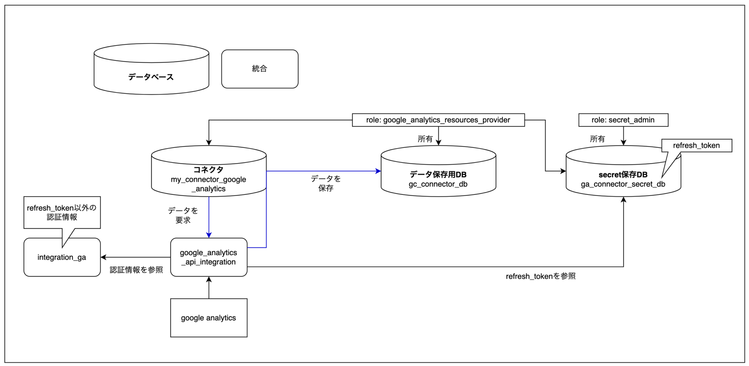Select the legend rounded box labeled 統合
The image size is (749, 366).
[260, 69]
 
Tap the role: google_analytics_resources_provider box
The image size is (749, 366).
[438, 120]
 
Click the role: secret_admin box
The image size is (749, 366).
[623, 120]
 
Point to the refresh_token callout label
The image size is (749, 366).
[696, 146]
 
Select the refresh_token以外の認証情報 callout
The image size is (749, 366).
[62, 212]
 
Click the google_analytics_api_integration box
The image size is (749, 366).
[208, 257]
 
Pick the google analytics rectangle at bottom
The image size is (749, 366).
[208, 318]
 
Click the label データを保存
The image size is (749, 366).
[325, 183]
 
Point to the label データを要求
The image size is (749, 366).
[183, 215]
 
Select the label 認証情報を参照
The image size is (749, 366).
[136, 270]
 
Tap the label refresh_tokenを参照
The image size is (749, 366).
[540, 276]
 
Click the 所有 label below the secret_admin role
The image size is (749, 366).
[597, 139]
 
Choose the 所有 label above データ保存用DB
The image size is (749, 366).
[425, 139]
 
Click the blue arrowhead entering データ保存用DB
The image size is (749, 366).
[378, 171]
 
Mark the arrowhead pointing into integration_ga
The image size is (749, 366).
[103, 257]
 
